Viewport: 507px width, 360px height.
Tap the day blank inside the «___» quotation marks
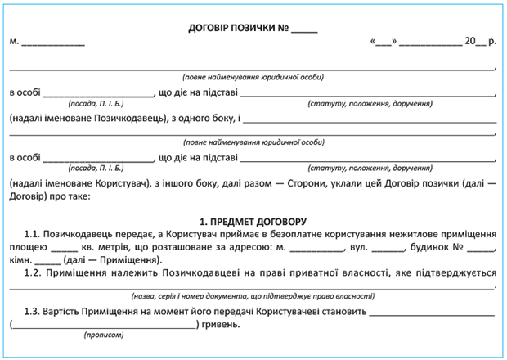(384, 41)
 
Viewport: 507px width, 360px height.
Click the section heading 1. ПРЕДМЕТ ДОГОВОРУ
(253, 221)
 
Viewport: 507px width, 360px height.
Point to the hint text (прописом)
(105, 335)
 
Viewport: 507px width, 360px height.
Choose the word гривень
(220, 324)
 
